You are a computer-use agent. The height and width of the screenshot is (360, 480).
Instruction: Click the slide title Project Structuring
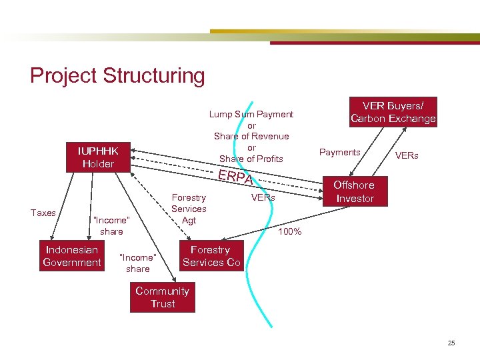click(117, 75)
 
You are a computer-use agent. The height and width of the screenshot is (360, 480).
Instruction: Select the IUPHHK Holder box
click(98, 157)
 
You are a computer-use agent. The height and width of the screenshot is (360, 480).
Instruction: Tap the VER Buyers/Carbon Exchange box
click(393, 112)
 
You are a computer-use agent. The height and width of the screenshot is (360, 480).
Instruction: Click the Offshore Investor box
click(354, 191)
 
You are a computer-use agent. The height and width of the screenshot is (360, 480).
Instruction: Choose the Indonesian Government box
click(72, 256)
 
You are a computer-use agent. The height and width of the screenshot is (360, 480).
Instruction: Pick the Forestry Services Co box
click(211, 256)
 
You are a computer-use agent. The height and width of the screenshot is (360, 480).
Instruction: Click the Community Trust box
click(162, 297)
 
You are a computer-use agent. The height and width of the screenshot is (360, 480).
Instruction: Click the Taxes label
click(43, 213)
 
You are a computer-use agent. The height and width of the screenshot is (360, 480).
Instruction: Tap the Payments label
click(339, 152)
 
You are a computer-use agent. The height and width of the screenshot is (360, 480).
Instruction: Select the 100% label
click(290, 232)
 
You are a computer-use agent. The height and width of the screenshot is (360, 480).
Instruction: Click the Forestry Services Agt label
click(189, 208)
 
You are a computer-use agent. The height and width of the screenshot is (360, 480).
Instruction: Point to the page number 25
click(451, 343)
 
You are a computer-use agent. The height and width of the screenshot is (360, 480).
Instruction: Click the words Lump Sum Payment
click(251, 114)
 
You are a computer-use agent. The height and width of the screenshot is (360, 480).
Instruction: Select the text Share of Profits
click(251, 159)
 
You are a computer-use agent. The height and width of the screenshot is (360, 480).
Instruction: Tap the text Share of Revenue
click(251, 136)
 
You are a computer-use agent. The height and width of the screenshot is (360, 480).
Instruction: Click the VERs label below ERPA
click(263, 198)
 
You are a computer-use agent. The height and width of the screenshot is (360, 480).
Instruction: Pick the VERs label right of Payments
click(407, 155)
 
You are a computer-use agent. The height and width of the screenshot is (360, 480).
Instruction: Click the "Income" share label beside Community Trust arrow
click(137, 263)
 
